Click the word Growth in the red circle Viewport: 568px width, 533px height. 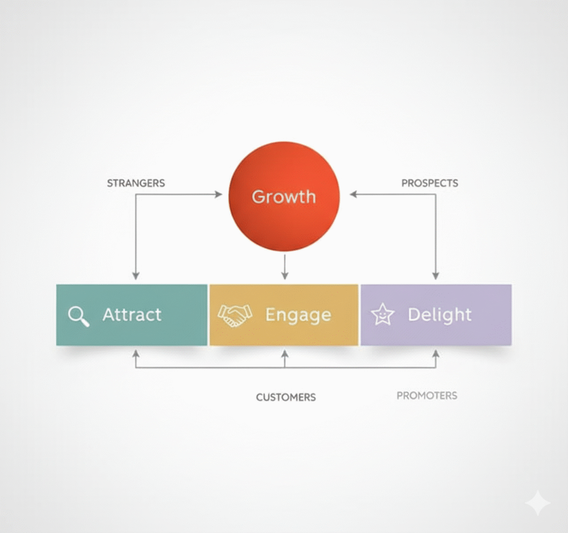coord(283,197)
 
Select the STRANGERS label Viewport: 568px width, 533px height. coord(136,183)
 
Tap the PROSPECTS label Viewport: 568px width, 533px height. coord(429,183)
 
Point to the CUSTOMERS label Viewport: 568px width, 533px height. coord(286,397)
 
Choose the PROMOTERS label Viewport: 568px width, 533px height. coord(427,396)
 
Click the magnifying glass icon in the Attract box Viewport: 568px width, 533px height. coord(78,316)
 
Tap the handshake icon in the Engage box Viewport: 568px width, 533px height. coord(235,315)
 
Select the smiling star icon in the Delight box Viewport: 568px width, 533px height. coord(382,315)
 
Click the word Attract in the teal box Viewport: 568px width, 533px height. coord(132,315)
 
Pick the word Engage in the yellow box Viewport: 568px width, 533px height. coord(298,315)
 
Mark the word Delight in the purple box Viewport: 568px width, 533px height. coord(439,315)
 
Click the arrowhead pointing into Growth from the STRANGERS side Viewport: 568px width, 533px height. coord(218,194)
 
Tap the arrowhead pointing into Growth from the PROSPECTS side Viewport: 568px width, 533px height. coord(353,194)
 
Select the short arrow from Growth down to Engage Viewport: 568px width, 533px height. coord(285,266)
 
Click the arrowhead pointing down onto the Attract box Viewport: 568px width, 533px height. coord(136,275)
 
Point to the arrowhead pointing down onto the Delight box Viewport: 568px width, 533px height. coord(435,275)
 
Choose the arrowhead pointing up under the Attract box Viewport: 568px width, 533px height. coord(136,353)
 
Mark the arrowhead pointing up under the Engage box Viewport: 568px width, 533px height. coord(285,353)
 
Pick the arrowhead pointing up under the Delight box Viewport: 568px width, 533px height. coord(435,353)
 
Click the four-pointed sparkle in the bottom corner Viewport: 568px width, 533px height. coord(537,503)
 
